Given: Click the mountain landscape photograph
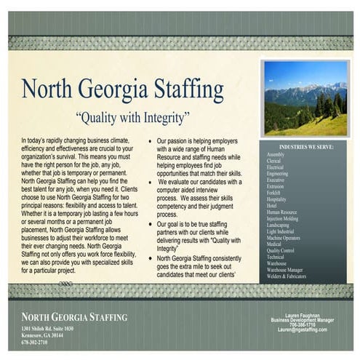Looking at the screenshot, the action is coord(305,97).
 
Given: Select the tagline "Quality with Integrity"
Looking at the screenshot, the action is coord(132,116).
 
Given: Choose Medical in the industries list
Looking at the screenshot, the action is coord(274,244).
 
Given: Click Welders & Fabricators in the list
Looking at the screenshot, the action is coord(286,276).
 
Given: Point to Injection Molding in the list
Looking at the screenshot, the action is coord(283,217).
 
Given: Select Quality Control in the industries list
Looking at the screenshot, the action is coord(281,250).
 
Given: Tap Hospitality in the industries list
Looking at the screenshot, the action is coord(276,199).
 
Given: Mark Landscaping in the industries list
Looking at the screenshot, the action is coord(279,224).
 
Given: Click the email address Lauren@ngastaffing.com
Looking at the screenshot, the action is coord(303,329).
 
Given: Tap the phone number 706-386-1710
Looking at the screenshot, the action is coord(303,324).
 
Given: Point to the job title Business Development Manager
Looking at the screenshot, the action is coord(303,320).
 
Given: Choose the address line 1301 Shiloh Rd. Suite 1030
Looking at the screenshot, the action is coord(48,329).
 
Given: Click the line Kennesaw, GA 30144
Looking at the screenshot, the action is coord(42,335).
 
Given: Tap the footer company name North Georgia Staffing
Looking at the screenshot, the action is coord(74,317).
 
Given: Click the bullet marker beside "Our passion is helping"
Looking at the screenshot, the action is coord(150,139).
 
